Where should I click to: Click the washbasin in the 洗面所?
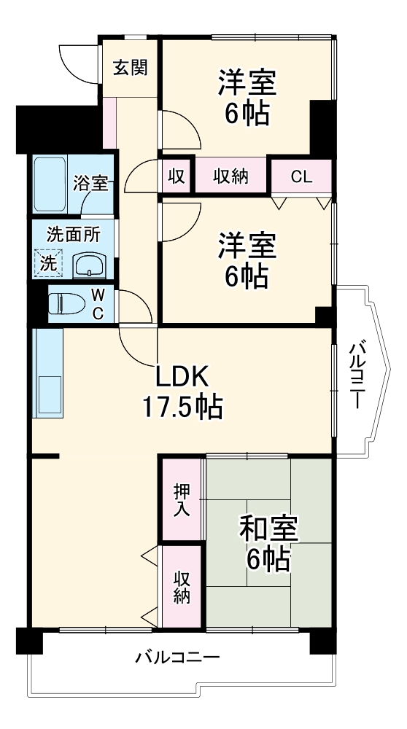tap(90, 265)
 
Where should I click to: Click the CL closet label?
tap(301, 176)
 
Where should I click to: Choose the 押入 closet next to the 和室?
tap(182, 500)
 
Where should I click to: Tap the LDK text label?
tap(182, 377)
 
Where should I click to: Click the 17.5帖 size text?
tap(182, 407)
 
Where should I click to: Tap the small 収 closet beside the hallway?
tap(176, 176)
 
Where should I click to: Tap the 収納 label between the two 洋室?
tap(230, 176)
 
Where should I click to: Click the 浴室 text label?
tap(90, 184)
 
